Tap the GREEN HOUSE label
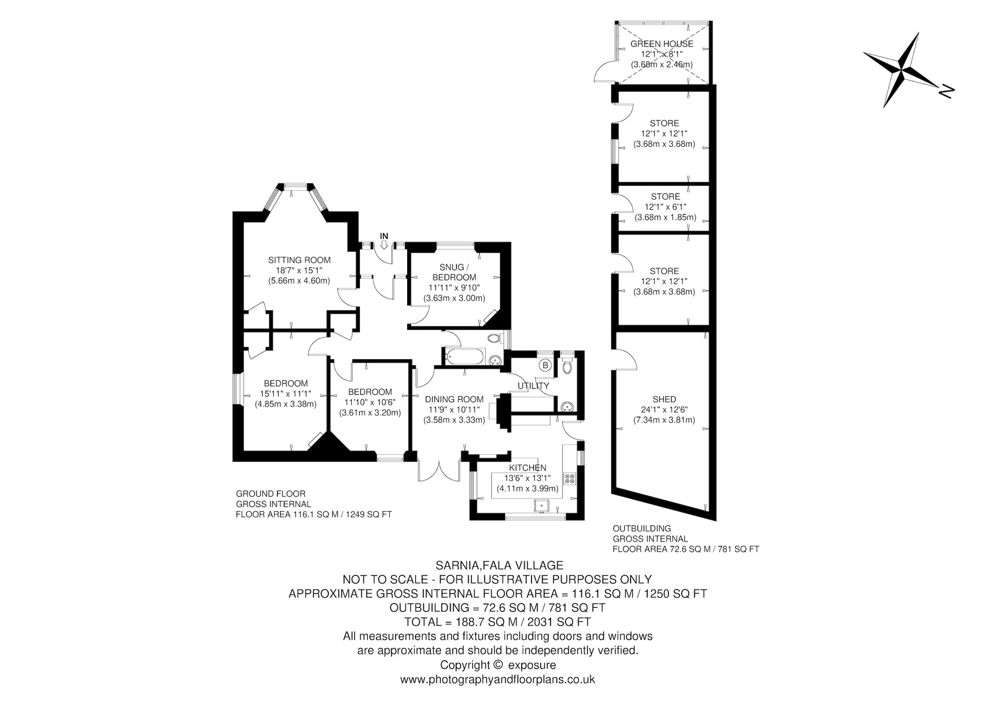pyautogui.click(x=662, y=44)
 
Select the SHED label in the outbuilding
pyautogui.click(x=664, y=399)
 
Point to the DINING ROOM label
pyautogui.click(x=454, y=399)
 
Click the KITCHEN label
pyautogui.click(x=528, y=468)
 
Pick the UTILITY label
pyautogui.click(x=533, y=386)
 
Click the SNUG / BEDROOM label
pyautogui.click(x=454, y=272)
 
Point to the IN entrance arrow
pyautogui.click(x=384, y=245)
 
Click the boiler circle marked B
pyautogui.click(x=545, y=365)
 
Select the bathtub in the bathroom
pyautogui.click(x=463, y=356)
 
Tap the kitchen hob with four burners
pyautogui.click(x=569, y=478)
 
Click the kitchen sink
pyautogui.click(x=541, y=505)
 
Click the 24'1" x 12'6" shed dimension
pyautogui.click(x=664, y=410)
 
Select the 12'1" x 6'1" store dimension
pyautogui.click(x=665, y=207)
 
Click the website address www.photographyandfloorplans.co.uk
pyautogui.click(x=497, y=679)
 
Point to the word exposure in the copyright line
pyautogui.click(x=532, y=665)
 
